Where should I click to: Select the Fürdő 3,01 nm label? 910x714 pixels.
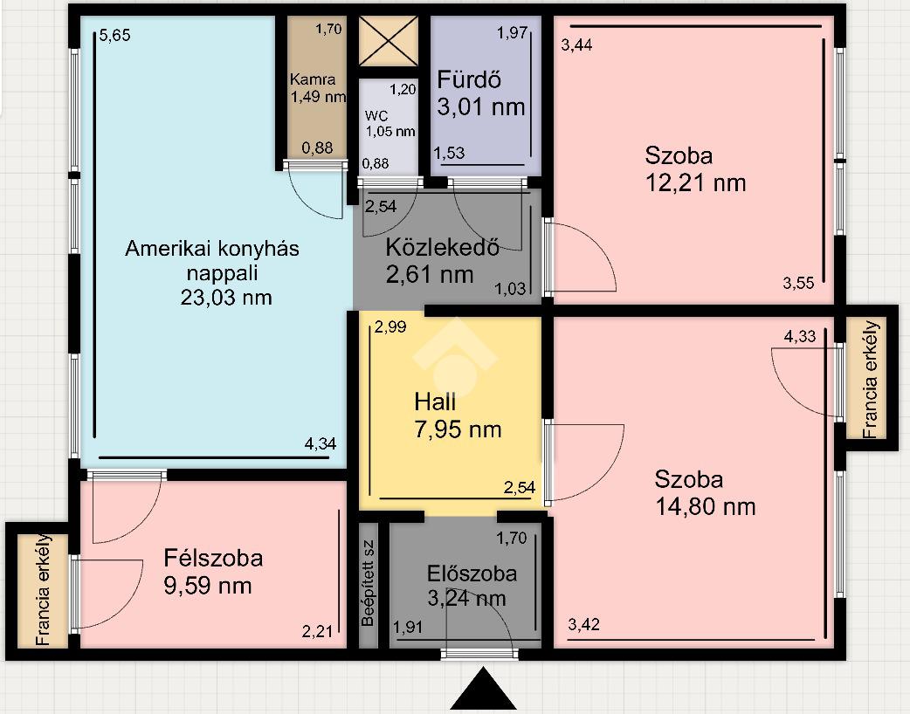pyautogui.click(x=481, y=93)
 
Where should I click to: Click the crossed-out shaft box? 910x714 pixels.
pyautogui.click(x=389, y=41)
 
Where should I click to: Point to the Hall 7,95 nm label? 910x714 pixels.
pyautogui.click(x=458, y=415)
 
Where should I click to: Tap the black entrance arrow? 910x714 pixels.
pyautogui.click(x=484, y=689)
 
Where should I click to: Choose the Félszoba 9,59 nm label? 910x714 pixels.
pyautogui.click(x=213, y=572)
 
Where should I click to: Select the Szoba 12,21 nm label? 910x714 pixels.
pyautogui.click(x=695, y=168)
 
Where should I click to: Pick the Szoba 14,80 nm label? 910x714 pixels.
pyautogui.click(x=705, y=493)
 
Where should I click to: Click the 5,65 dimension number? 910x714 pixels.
pyautogui.click(x=115, y=36)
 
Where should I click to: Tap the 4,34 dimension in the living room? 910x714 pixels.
pyautogui.click(x=321, y=443)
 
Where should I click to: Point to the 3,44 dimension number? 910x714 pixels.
pyautogui.click(x=577, y=45)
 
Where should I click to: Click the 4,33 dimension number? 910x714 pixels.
pyautogui.click(x=800, y=336)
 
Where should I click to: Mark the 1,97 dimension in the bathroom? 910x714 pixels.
pyautogui.click(x=512, y=33)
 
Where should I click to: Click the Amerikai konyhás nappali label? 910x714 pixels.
pyautogui.click(x=212, y=272)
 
